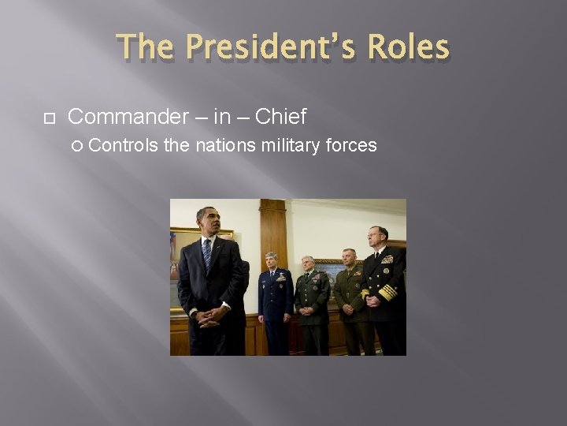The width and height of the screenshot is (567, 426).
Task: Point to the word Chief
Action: point(280,118)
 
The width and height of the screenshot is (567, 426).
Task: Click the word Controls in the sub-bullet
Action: point(124,145)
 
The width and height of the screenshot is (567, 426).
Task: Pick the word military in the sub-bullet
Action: point(281,145)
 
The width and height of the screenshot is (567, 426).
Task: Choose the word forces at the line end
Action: point(351,145)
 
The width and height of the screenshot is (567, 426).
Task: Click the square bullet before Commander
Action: point(48,118)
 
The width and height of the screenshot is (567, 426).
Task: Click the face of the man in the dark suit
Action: point(206,223)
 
